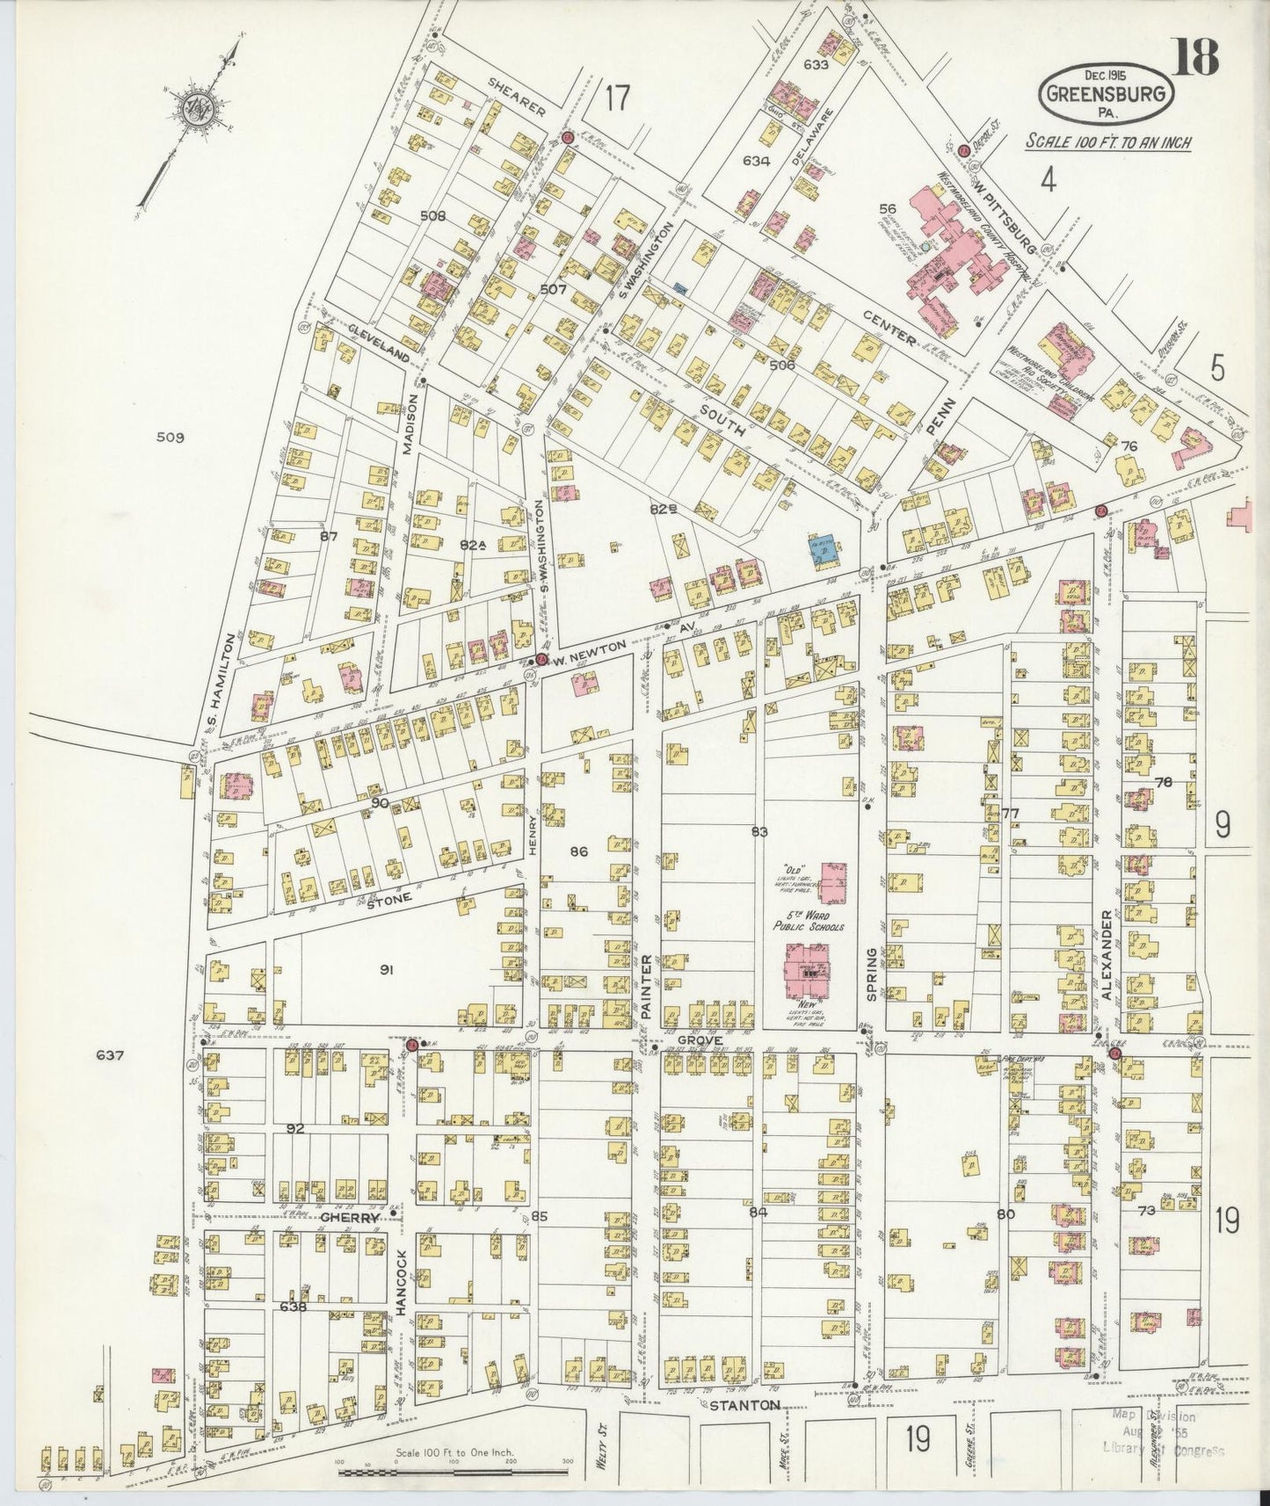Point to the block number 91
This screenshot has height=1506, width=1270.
(385, 969)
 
